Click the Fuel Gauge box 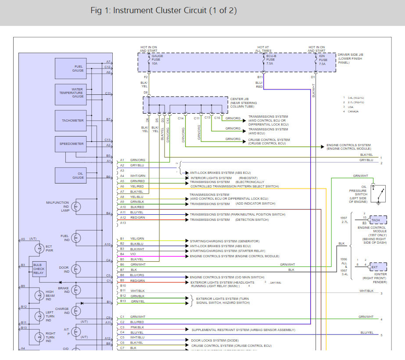coord(71,68)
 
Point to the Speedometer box coord(71,144)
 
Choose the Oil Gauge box coord(71,175)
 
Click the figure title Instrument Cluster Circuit coord(164,11)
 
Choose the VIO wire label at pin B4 coord(133,254)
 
